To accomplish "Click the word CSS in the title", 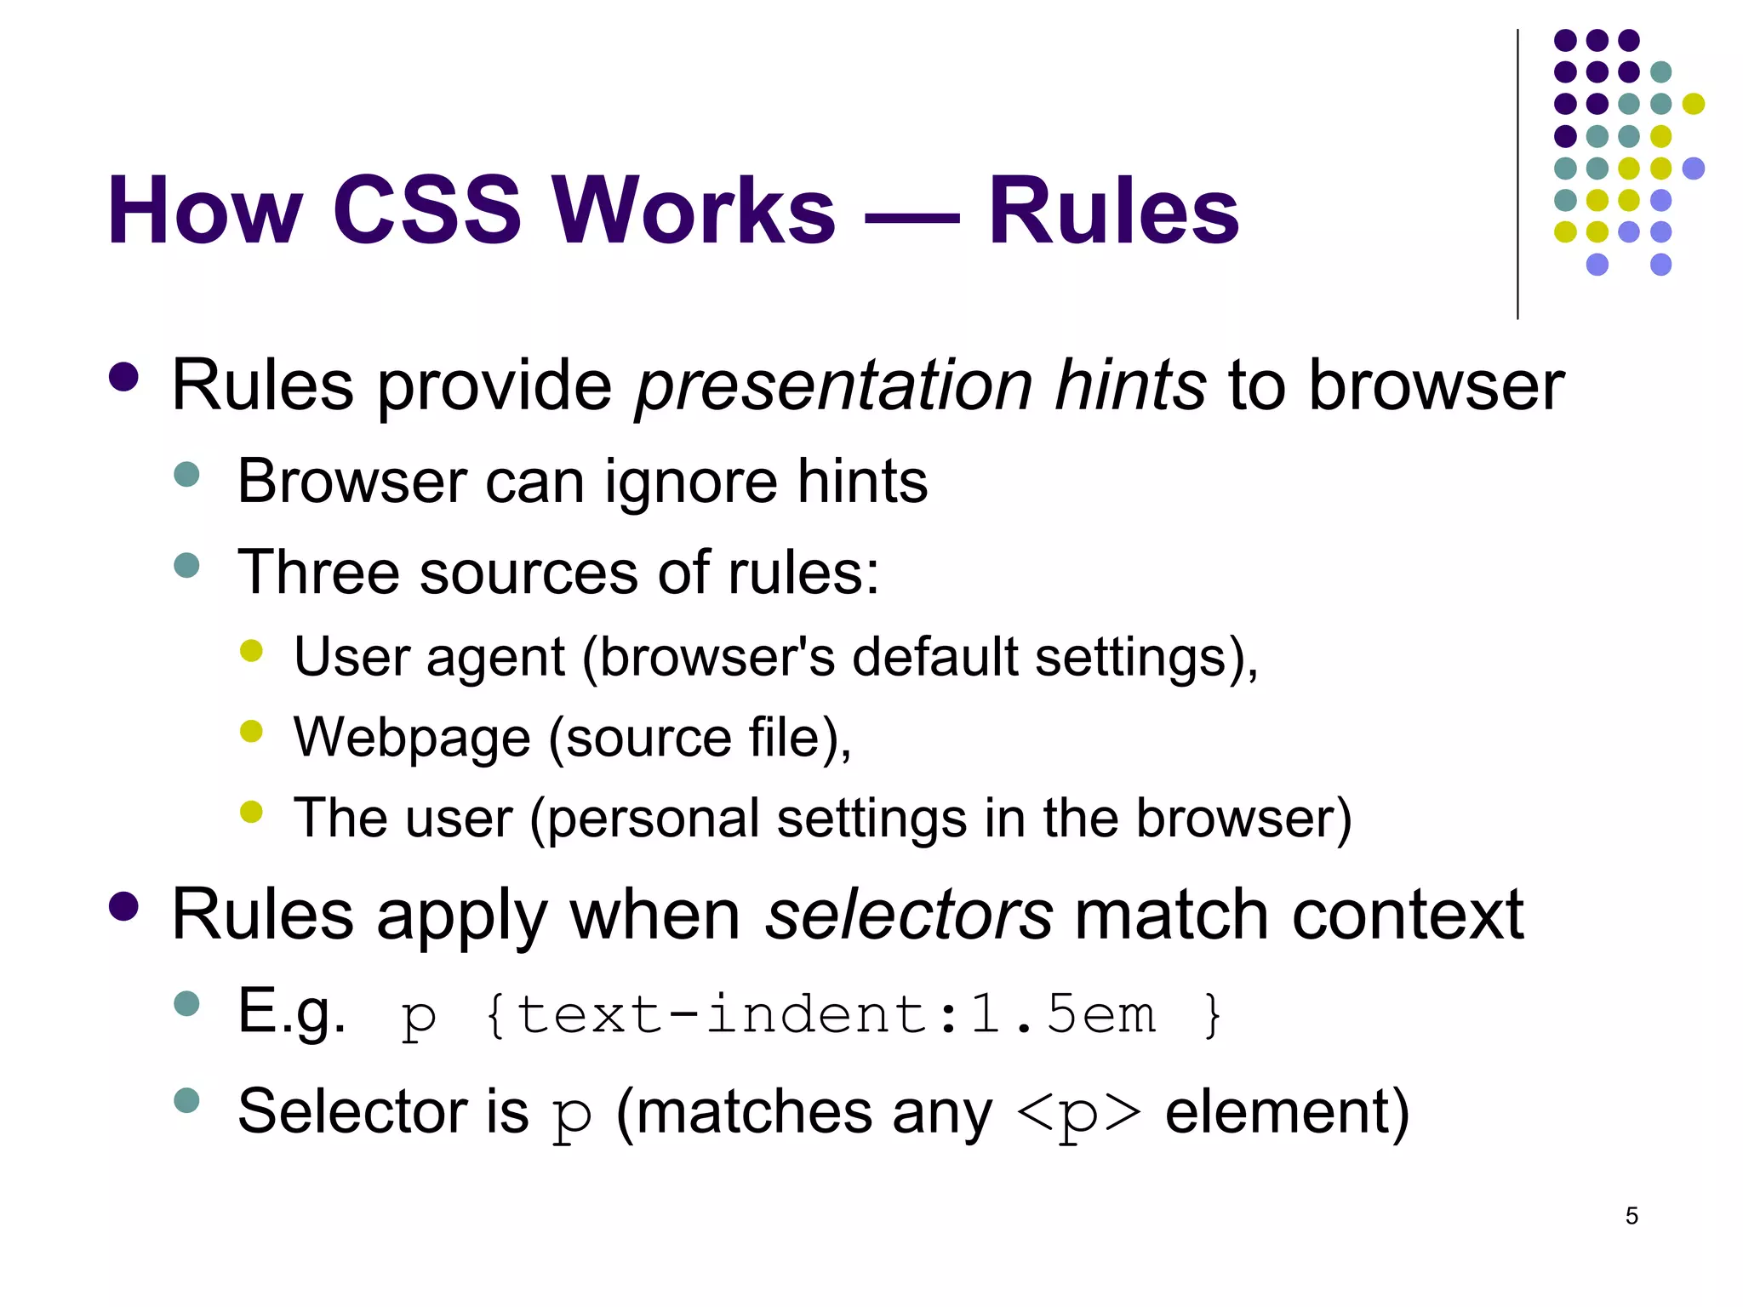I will pos(426,210).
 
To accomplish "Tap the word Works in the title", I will pos(694,210).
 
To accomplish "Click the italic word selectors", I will pos(909,916).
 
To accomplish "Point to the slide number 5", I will pos(1632,1216).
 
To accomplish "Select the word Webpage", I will pos(412,738).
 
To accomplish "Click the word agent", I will pos(495,657).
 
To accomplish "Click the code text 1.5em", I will pos(1062,1014).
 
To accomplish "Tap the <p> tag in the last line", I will pos(1078,1114).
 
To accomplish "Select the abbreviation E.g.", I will pos(292,1013).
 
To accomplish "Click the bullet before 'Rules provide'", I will pos(124,378).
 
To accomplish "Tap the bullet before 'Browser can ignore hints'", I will pos(186,474).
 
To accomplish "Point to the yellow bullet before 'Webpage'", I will pos(251,731).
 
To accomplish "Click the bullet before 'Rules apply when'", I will pos(124,907).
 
